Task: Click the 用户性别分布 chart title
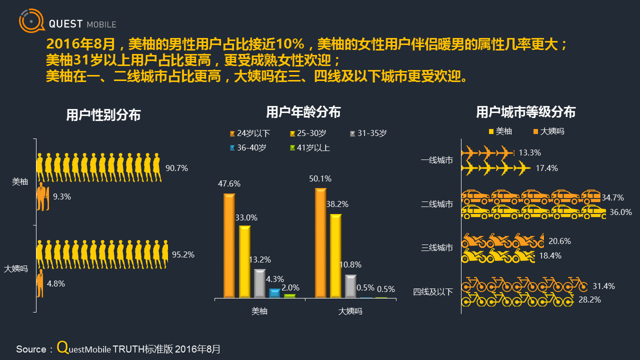coord(103,115)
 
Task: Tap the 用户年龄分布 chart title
coord(303,112)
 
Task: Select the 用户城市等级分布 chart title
coord(525,112)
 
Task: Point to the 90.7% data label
coord(176,168)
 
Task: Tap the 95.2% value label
coord(183,254)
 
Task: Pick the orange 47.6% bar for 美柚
coord(229,245)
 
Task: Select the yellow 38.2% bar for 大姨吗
coord(335,255)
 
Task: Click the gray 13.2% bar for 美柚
coord(259,283)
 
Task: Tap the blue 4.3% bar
coord(274,293)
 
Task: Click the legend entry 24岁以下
coord(250,133)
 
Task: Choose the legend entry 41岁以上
coord(309,148)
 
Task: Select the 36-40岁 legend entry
coord(248,148)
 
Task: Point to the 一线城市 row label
coord(437,160)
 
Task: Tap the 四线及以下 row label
coord(433,292)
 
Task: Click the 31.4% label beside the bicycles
coord(603,286)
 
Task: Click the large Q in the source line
coord(62,347)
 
